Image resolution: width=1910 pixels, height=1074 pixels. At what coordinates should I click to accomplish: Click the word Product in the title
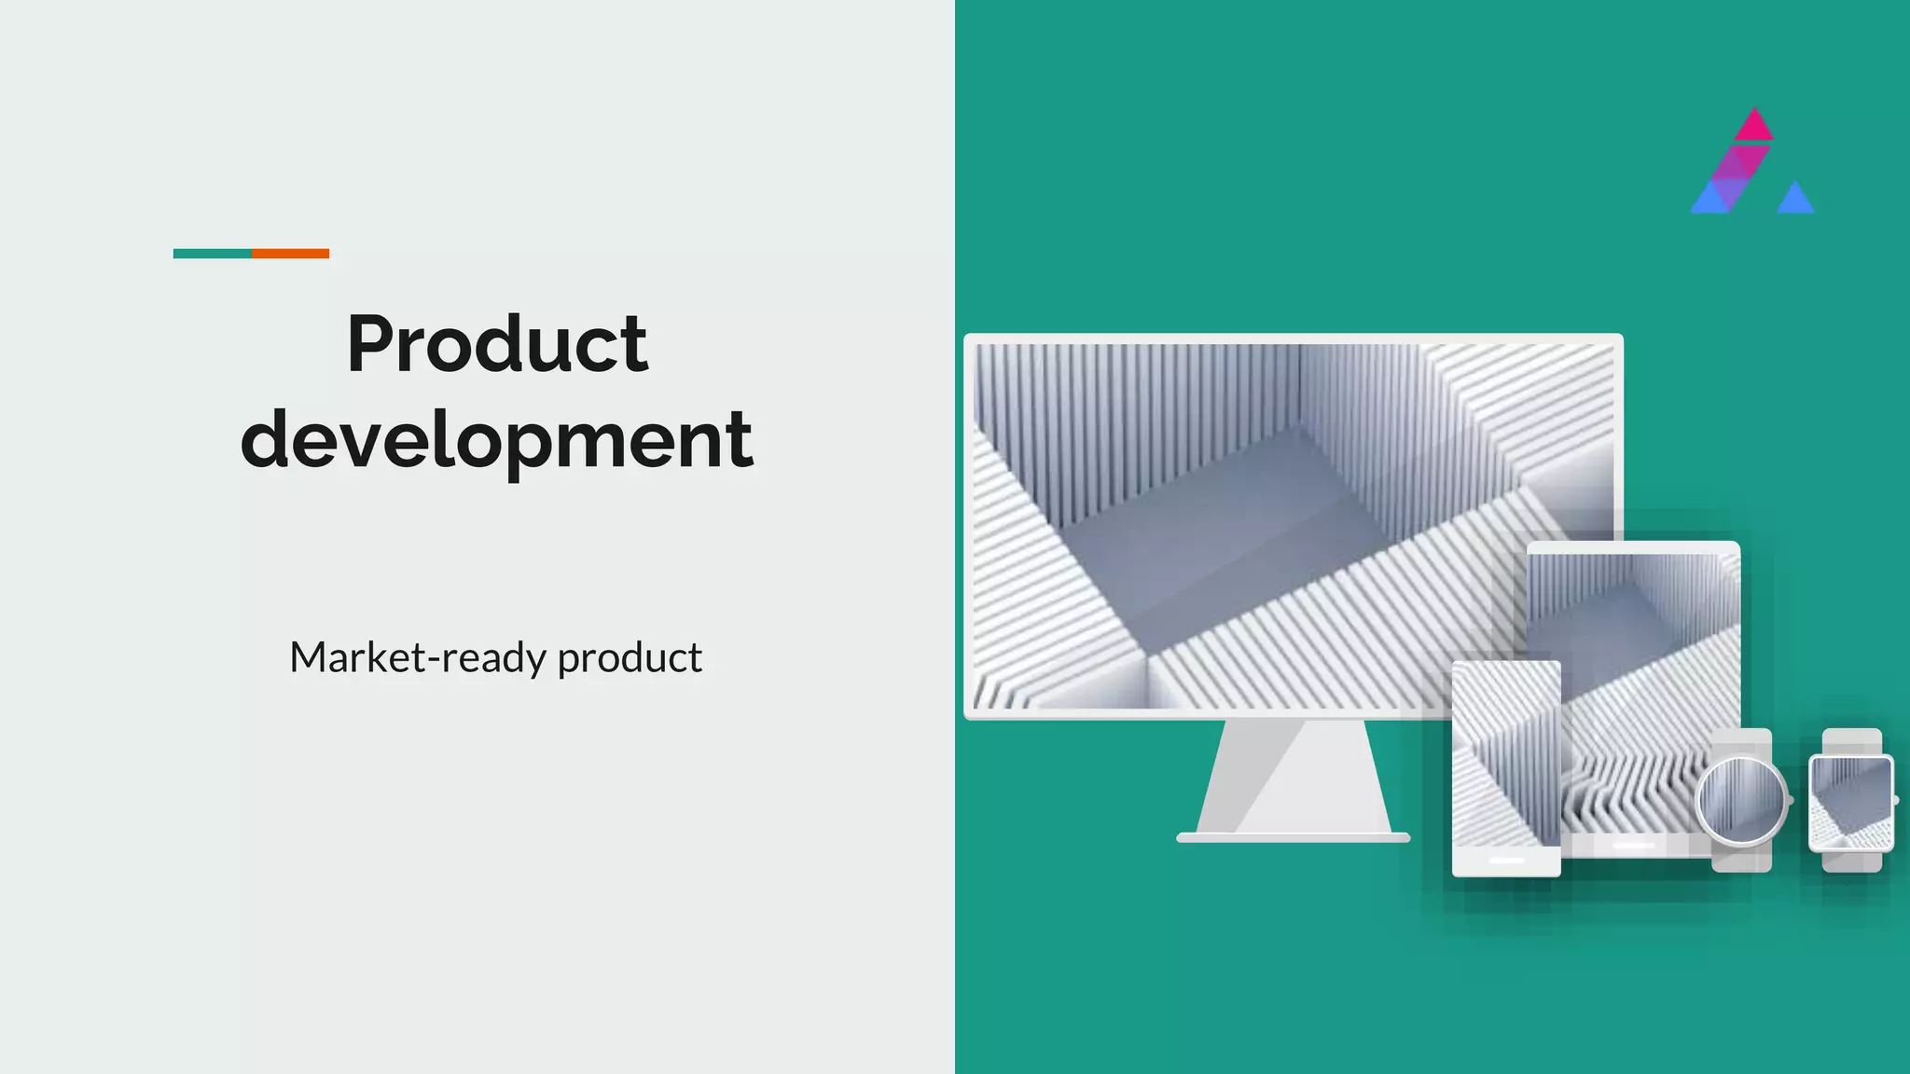click(497, 344)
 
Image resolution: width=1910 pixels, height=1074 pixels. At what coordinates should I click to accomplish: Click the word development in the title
click(496, 439)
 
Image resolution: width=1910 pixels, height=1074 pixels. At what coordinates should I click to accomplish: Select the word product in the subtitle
click(630, 658)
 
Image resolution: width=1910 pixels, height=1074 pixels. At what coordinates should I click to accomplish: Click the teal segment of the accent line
click(212, 254)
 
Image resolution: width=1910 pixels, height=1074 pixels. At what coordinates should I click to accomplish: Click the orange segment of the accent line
click(290, 254)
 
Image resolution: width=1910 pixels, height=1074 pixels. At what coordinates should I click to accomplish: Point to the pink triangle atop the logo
click(1754, 127)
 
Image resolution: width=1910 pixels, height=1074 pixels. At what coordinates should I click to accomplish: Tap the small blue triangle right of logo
click(1795, 200)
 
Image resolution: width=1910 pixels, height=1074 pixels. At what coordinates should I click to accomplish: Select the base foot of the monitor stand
click(1294, 837)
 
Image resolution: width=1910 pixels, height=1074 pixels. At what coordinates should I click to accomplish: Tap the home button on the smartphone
click(1506, 861)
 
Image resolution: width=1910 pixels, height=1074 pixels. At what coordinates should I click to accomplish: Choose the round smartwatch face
click(1740, 800)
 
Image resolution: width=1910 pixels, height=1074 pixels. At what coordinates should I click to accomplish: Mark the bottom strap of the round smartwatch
click(1741, 860)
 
